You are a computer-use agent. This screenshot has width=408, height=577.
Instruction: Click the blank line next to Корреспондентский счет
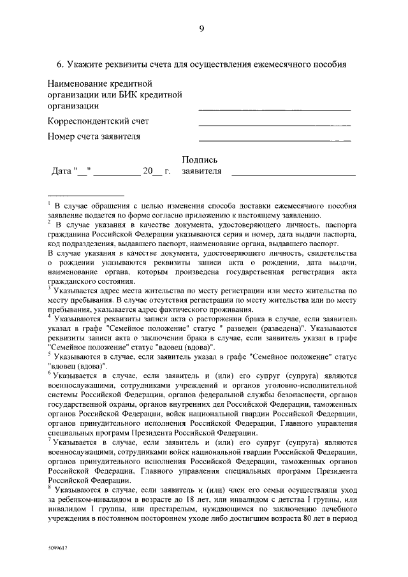pyautogui.click(x=275, y=124)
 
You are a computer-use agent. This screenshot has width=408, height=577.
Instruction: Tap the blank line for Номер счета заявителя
pyautogui.click(x=275, y=139)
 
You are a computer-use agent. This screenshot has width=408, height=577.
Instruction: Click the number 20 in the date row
pyautogui.click(x=148, y=172)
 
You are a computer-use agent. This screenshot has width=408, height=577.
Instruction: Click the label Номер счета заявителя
pyautogui.click(x=94, y=136)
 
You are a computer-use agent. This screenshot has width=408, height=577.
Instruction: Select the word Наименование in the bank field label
pyautogui.click(x=78, y=84)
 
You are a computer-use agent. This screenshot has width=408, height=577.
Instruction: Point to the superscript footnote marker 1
pyautogui.click(x=49, y=203)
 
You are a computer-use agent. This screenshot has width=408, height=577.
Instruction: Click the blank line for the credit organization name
pyautogui.click(x=275, y=110)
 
